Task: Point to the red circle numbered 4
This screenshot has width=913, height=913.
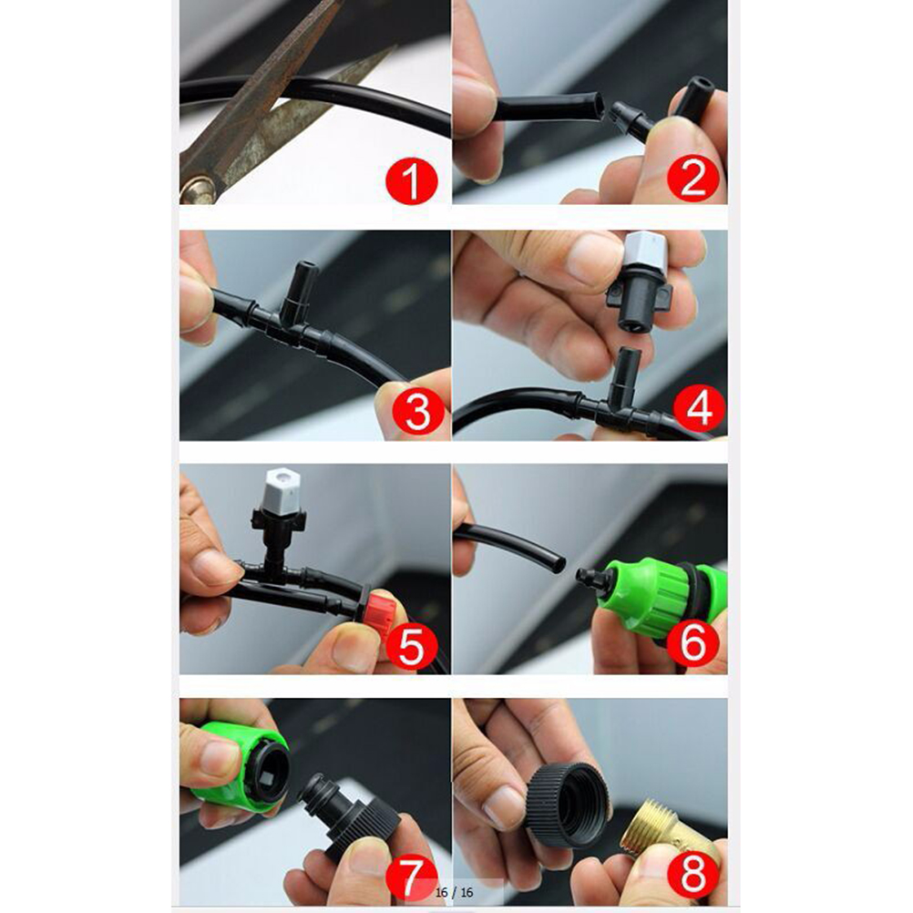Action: (x=699, y=407)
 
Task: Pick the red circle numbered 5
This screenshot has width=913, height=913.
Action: (x=411, y=644)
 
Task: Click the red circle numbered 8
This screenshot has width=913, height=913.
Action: (x=692, y=875)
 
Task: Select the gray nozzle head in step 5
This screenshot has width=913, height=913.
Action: (x=282, y=488)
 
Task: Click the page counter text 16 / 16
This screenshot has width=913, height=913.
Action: (x=454, y=892)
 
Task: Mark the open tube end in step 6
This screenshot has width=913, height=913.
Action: (x=559, y=563)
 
